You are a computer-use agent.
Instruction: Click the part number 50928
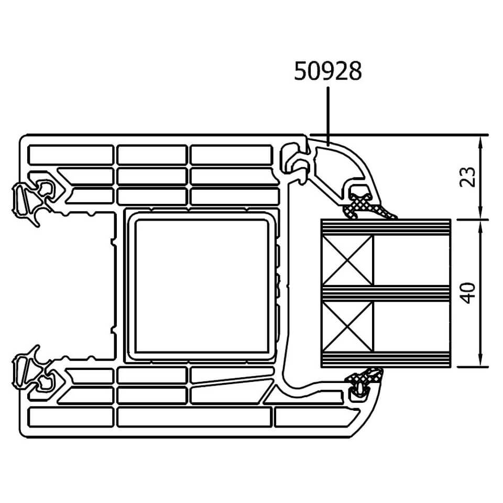click(x=328, y=71)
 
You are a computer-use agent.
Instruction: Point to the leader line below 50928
click(x=328, y=116)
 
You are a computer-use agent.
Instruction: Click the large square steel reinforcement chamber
click(x=202, y=286)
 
